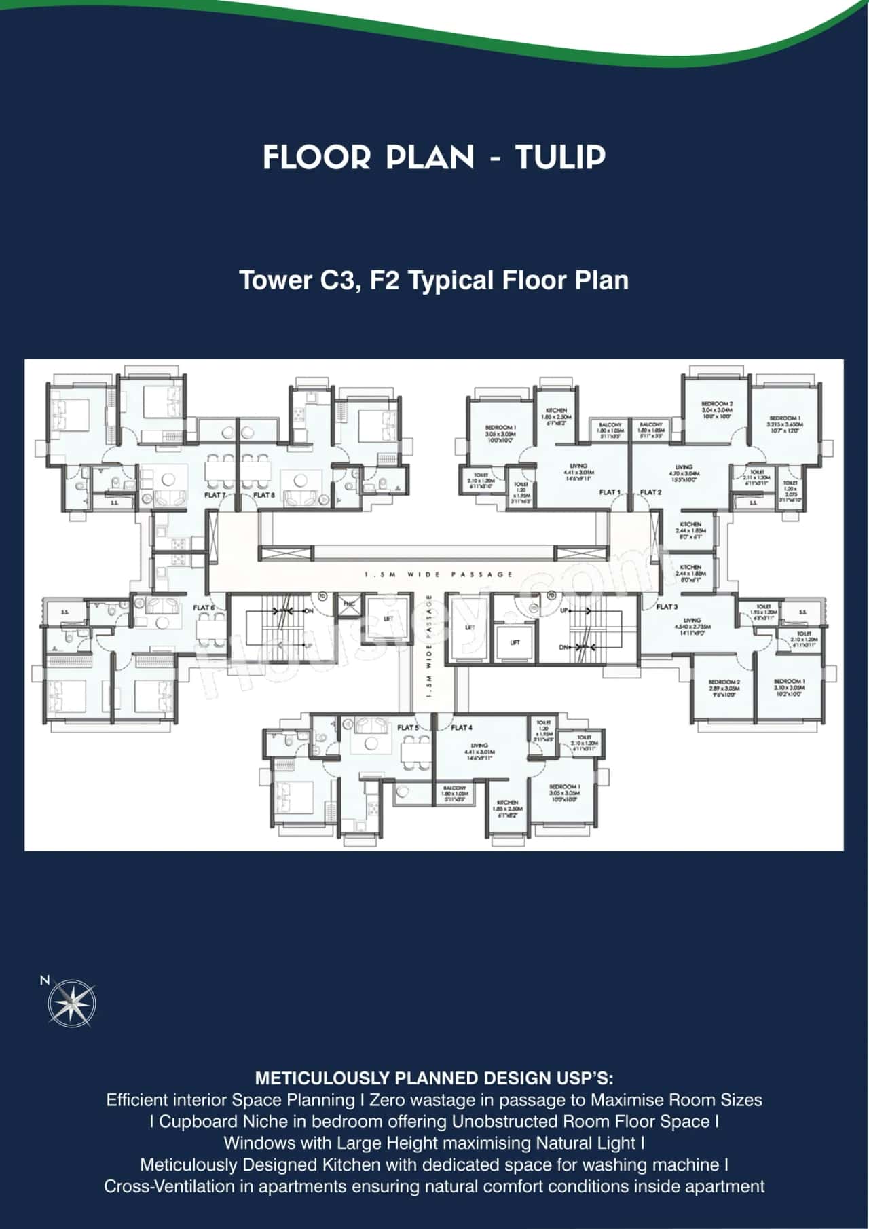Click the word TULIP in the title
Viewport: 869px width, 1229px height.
coord(560,158)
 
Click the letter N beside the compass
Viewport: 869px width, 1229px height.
coord(45,980)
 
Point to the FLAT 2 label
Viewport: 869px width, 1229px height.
coord(650,492)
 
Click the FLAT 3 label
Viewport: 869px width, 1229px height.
coord(667,606)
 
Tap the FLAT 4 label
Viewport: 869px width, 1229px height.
coord(462,727)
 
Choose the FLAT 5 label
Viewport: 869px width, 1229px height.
coord(408,727)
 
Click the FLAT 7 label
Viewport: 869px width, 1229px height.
coord(215,495)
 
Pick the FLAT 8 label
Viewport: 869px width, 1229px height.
coord(264,495)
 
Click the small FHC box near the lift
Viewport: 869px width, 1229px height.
coord(349,604)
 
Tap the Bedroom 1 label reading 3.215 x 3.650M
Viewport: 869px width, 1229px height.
coord(785,424)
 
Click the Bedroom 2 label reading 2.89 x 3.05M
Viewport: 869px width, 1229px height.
coord(724,687)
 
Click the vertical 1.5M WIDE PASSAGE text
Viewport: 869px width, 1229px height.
coord(429,645)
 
